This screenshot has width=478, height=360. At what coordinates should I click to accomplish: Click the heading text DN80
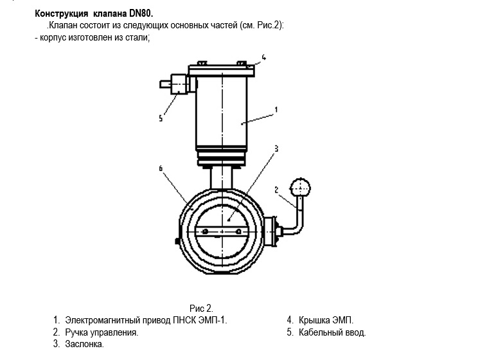141,14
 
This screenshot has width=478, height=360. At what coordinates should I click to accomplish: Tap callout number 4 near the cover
264,57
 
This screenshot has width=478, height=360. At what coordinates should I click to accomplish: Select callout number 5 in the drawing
161,118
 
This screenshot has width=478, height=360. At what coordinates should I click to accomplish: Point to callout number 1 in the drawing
276,109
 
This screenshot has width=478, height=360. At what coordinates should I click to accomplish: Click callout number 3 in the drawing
276,148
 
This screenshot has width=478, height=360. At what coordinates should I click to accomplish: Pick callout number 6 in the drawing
161,168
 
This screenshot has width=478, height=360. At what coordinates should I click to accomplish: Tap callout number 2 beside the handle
276,190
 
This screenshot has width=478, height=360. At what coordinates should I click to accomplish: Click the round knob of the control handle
300,187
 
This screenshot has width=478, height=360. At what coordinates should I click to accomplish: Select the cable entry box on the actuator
179,84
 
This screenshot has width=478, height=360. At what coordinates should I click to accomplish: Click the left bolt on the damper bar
205,231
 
